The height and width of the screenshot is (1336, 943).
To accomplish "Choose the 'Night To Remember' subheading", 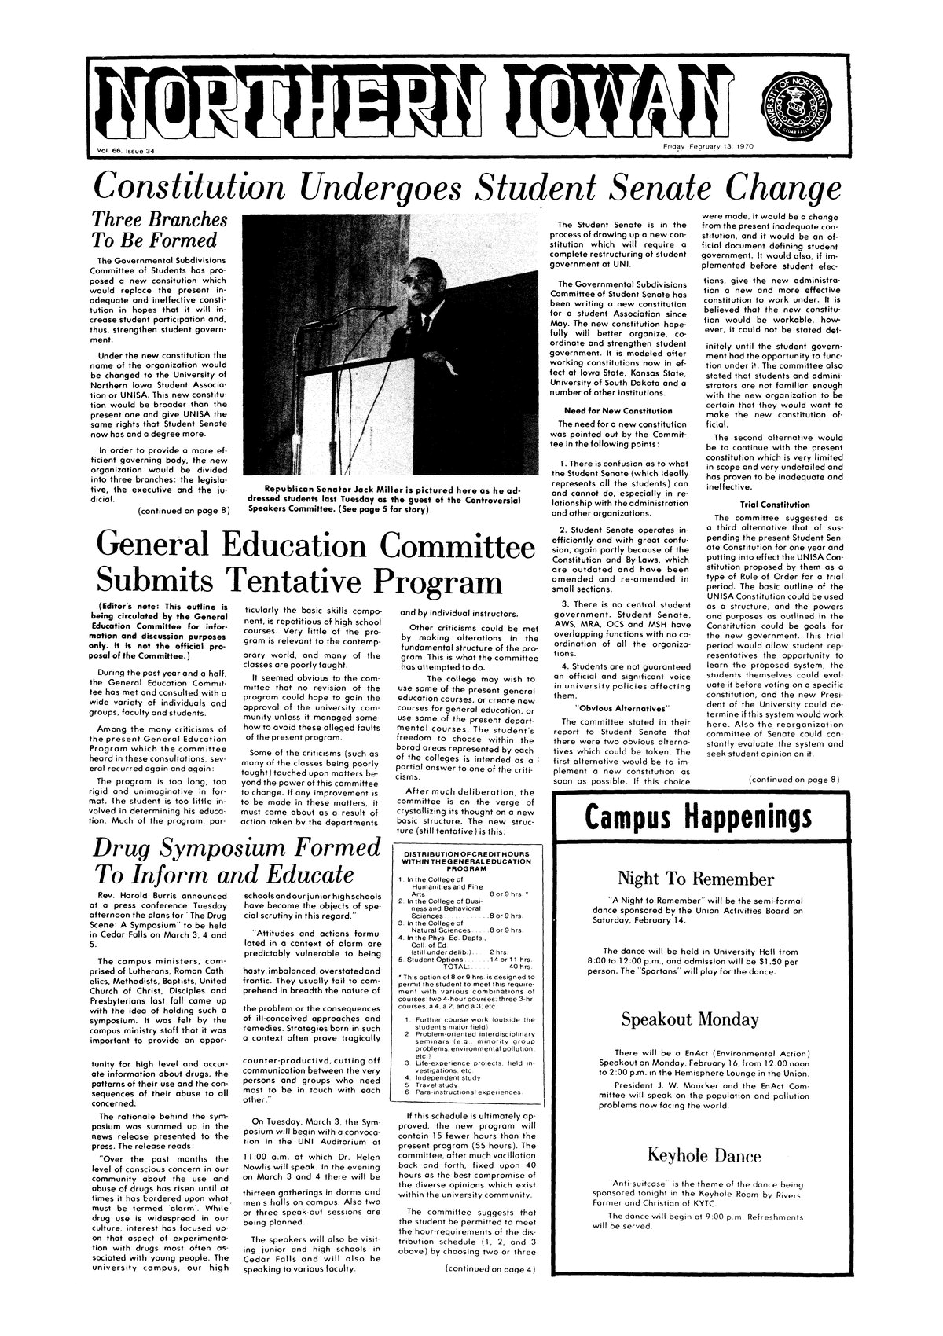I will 697,878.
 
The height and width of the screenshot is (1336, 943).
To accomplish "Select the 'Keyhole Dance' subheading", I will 703,1155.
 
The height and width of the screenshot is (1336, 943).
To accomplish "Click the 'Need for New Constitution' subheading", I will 618,411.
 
